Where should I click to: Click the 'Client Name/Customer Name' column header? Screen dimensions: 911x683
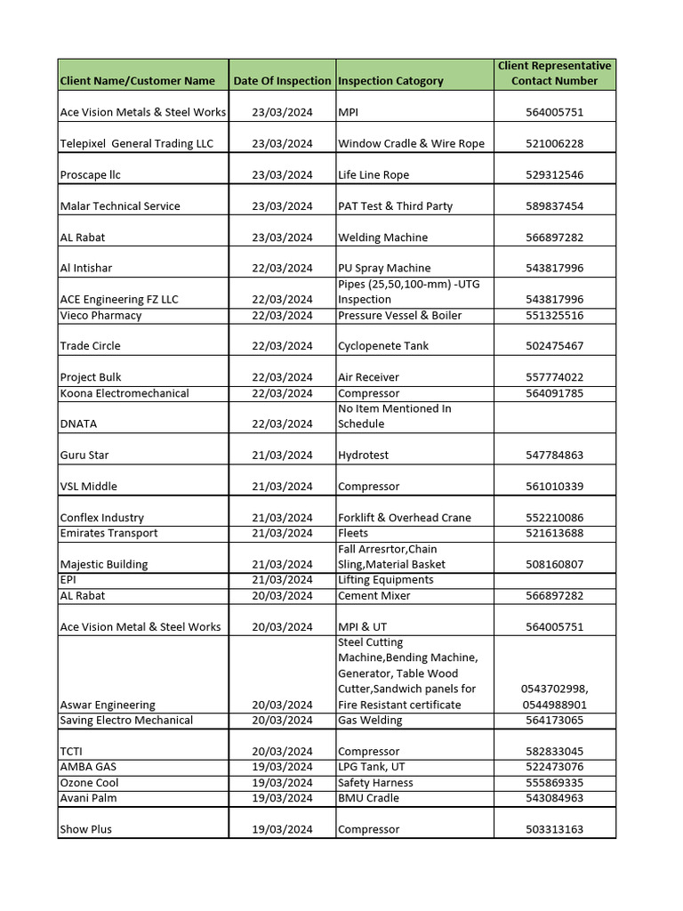point(137,81)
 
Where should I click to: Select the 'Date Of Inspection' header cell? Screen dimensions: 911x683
point(282,81)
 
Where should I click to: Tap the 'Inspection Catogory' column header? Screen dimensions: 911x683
point(390,81)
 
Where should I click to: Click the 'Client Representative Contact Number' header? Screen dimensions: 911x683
point(554,73)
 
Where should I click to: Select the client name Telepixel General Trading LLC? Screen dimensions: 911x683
point(136,144)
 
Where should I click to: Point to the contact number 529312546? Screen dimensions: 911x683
point(554,175)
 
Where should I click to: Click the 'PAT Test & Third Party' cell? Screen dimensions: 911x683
point(395,206)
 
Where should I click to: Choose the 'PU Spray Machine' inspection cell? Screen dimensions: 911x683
point(384,268)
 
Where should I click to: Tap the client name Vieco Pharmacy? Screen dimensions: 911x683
point(100,316)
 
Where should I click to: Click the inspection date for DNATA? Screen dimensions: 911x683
point(282,424)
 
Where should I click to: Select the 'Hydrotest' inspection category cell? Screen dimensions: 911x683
point(364,455)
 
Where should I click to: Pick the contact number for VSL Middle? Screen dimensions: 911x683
point(554,487)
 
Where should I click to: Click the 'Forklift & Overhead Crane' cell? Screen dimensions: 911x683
point(405,518)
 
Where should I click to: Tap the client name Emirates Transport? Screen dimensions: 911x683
point(108,534)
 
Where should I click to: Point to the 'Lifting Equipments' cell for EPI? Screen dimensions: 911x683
point(386,580)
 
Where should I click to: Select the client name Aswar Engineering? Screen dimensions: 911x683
point(108,705)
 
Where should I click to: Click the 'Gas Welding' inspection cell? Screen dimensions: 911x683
point(370,721)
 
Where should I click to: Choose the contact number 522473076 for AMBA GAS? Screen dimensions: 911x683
point(554,767)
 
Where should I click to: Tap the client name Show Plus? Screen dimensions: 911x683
point(85,829)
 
